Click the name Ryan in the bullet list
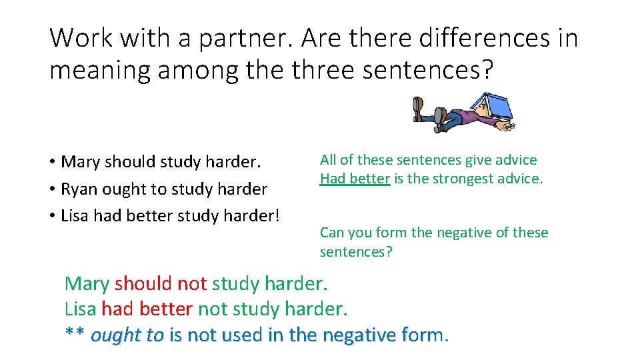(79, 189)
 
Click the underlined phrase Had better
(355, 179)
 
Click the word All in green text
(328, 160)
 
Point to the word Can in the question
(331, 233)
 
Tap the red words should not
(161, 284)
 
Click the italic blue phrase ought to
(127, 334)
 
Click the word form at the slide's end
(427, 334)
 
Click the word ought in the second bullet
(119, 189)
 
